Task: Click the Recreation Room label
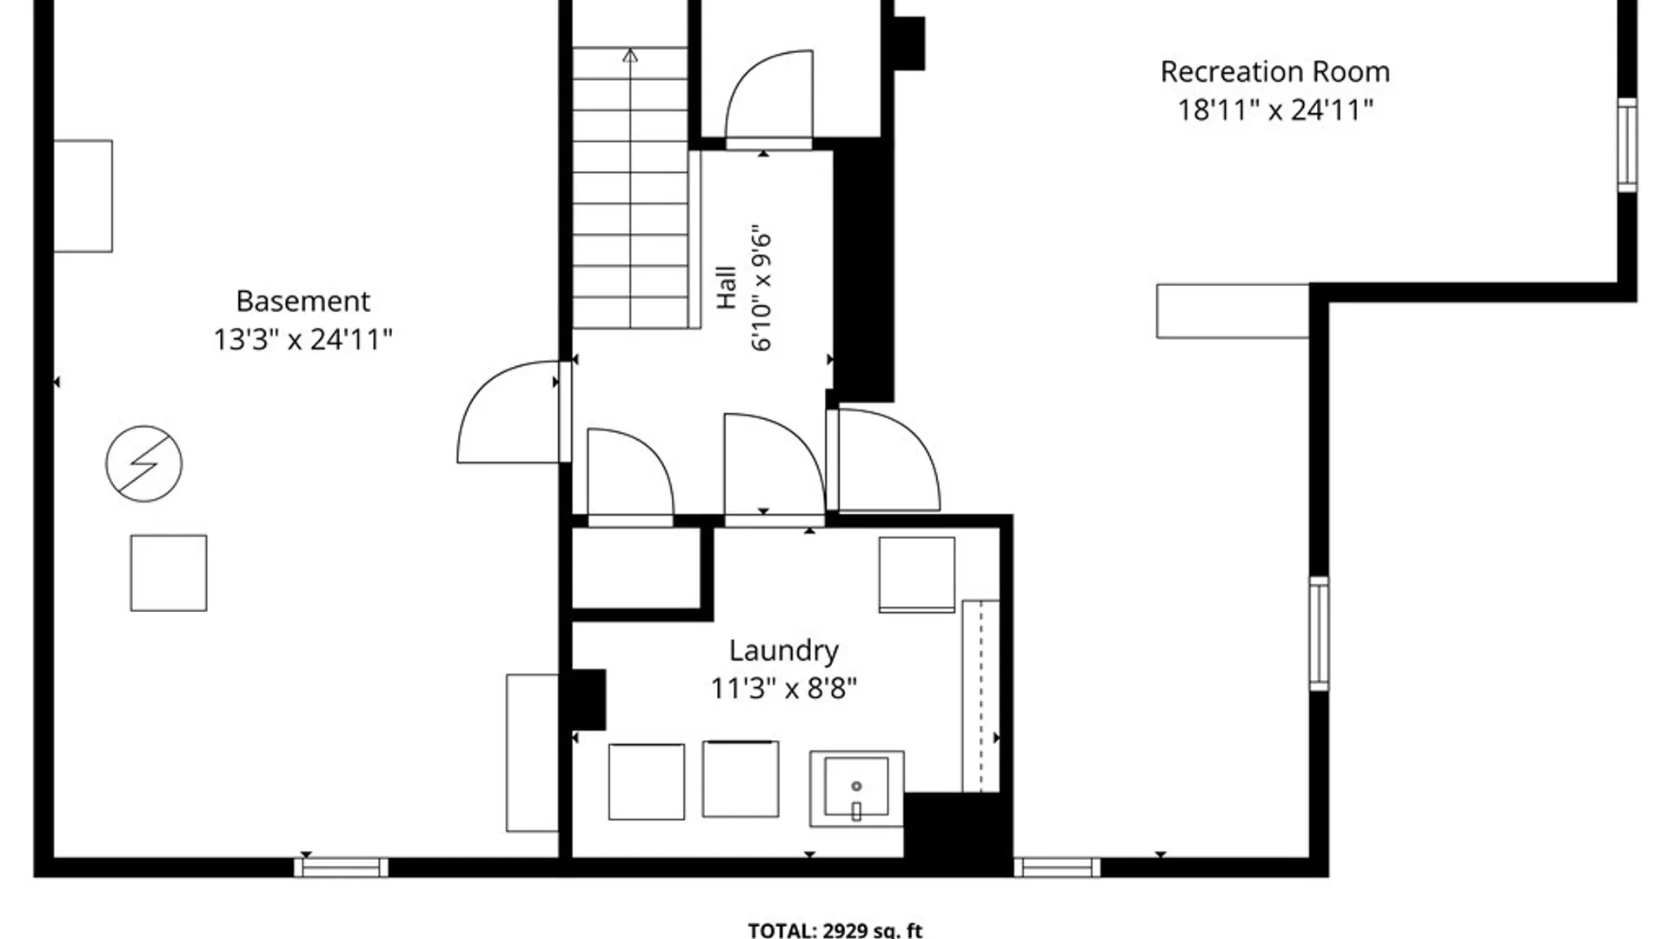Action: (1275, 71)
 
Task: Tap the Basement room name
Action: (303, 301)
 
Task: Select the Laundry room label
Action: (783, 651)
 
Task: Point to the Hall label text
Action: (727, 288)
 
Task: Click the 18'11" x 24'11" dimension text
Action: (1275, 110)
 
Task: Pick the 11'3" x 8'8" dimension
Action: (783, 689)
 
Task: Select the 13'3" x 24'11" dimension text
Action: (303, 338)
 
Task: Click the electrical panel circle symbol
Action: (144, 463)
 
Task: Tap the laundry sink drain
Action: (856, 786)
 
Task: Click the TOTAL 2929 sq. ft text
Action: (835, 930)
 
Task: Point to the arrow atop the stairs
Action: (630, 56)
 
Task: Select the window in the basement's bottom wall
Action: (341, 867)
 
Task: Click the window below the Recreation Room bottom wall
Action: (1057, 867)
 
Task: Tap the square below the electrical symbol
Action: (169, 573)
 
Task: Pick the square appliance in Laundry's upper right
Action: (917, 575)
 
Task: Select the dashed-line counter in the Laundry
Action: (981, 696)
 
